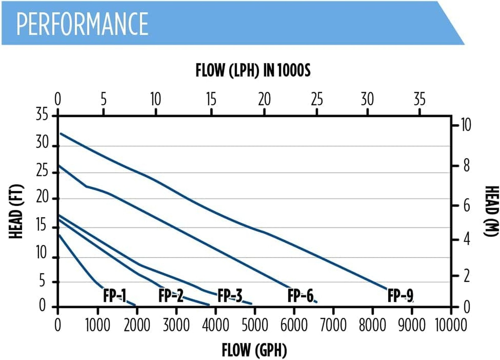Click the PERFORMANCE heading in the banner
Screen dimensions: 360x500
point(82,24)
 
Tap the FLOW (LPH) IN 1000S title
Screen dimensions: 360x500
point(253,70)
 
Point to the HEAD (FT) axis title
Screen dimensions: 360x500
point(16,211)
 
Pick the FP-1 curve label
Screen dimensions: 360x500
point(115,295)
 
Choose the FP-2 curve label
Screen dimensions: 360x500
point(171,295)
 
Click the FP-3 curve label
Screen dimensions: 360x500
point(230,295)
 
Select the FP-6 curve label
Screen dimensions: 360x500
point(300,295)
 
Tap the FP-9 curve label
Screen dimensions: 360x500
point(400,295)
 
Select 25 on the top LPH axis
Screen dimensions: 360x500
point(317,99)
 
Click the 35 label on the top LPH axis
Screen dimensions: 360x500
point(419,99)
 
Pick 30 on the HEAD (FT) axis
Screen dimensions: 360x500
point(42,142)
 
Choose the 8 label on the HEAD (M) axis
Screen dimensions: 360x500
point(466,166)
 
